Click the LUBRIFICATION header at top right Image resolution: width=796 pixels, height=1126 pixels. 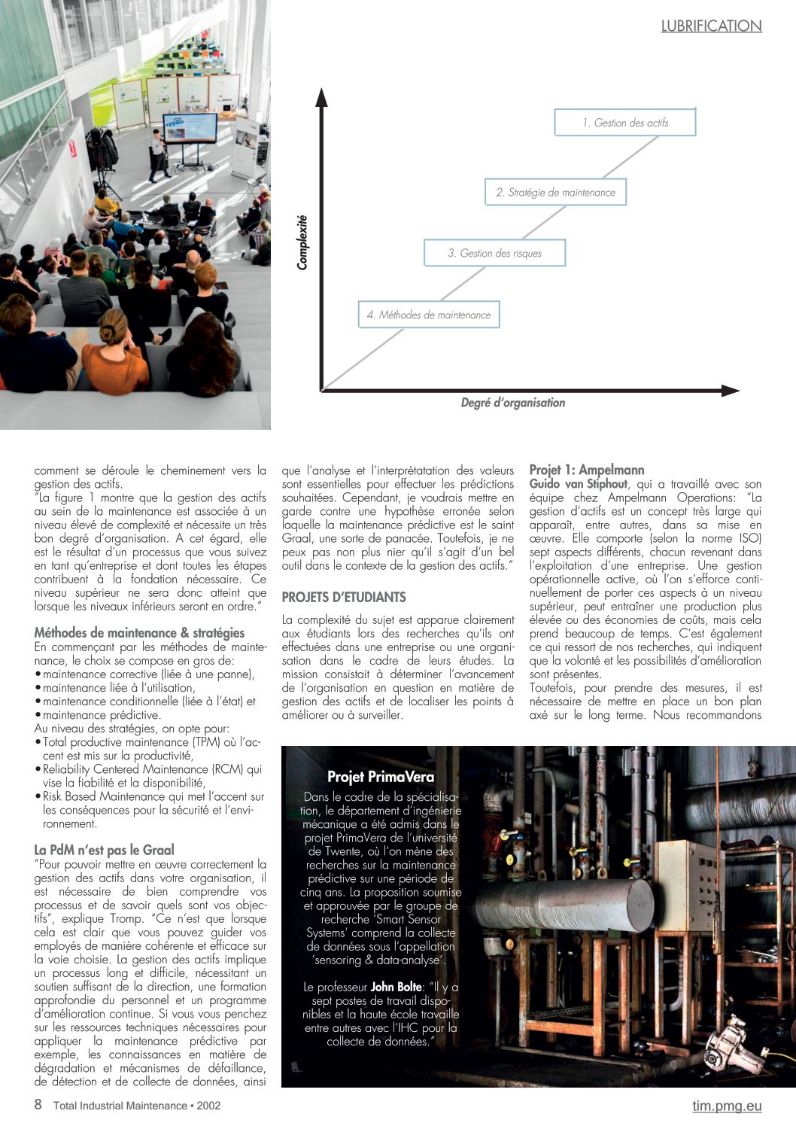click(711, 26)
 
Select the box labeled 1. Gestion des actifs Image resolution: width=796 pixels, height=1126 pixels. click(624, 123)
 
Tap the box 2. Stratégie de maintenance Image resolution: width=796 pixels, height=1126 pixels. click(555, 193)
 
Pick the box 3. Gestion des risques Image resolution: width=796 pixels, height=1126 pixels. click(494, 254)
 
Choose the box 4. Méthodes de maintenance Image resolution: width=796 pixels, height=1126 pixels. click(428, 315)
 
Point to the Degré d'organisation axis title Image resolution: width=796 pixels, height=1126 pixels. click(512, 403)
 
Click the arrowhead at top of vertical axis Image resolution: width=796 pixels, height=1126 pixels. click(322, 97)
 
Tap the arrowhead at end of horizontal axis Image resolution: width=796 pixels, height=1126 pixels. click(730, 390)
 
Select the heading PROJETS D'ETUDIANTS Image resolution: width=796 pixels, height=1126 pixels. click(344, 598)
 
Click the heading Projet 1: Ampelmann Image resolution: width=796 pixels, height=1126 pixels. click(587, 470)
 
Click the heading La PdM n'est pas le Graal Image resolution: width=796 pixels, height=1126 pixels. click(104, 850)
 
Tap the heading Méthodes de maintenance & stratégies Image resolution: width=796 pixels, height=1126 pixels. click(139, 633)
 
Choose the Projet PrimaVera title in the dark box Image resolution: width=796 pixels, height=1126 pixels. click(381, 777)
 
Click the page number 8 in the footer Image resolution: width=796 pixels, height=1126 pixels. click(38, 1105)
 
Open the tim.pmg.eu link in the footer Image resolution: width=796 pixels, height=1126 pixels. click(727, 1106)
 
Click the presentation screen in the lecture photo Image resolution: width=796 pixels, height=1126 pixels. click(190, 128)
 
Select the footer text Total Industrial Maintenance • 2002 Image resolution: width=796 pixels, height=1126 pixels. click(137, 1106)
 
